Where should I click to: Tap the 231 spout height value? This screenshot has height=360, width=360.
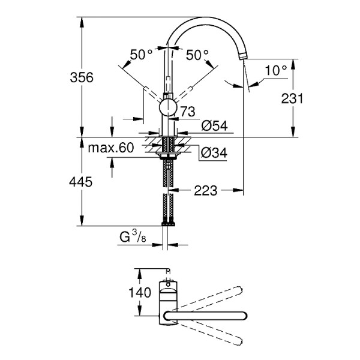coord(292,98)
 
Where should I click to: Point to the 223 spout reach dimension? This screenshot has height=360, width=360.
coord(205,191)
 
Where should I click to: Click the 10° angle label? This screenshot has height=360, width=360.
coord(276,70)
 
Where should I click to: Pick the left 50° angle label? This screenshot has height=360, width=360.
coord(142,55)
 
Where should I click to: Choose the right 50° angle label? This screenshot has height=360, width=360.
coord(197,55)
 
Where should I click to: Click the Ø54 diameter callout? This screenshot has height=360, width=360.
coord(214,125)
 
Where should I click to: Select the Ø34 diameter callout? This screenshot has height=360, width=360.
coord(214,153)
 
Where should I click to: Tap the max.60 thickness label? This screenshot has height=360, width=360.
coord(111,148)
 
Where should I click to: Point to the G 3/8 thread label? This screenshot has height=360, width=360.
coord(133,238)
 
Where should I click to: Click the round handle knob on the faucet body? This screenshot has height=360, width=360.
coord(168,109)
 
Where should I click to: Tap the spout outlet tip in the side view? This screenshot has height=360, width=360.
coord(244,56)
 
